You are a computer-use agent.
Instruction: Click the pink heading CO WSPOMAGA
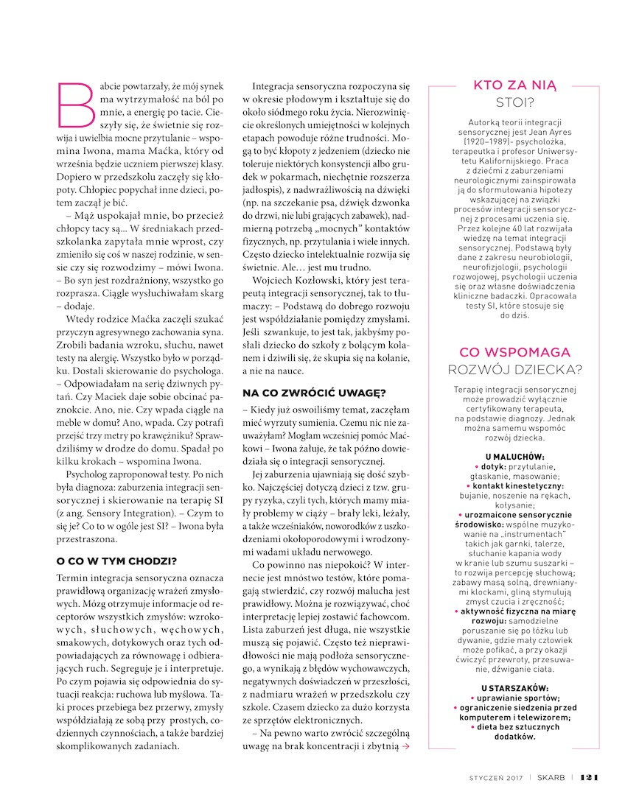[515, 352]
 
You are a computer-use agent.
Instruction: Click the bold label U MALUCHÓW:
[515, 457]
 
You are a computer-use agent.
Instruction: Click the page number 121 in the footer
[590, 776]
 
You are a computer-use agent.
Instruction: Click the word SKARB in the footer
[553, 776]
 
